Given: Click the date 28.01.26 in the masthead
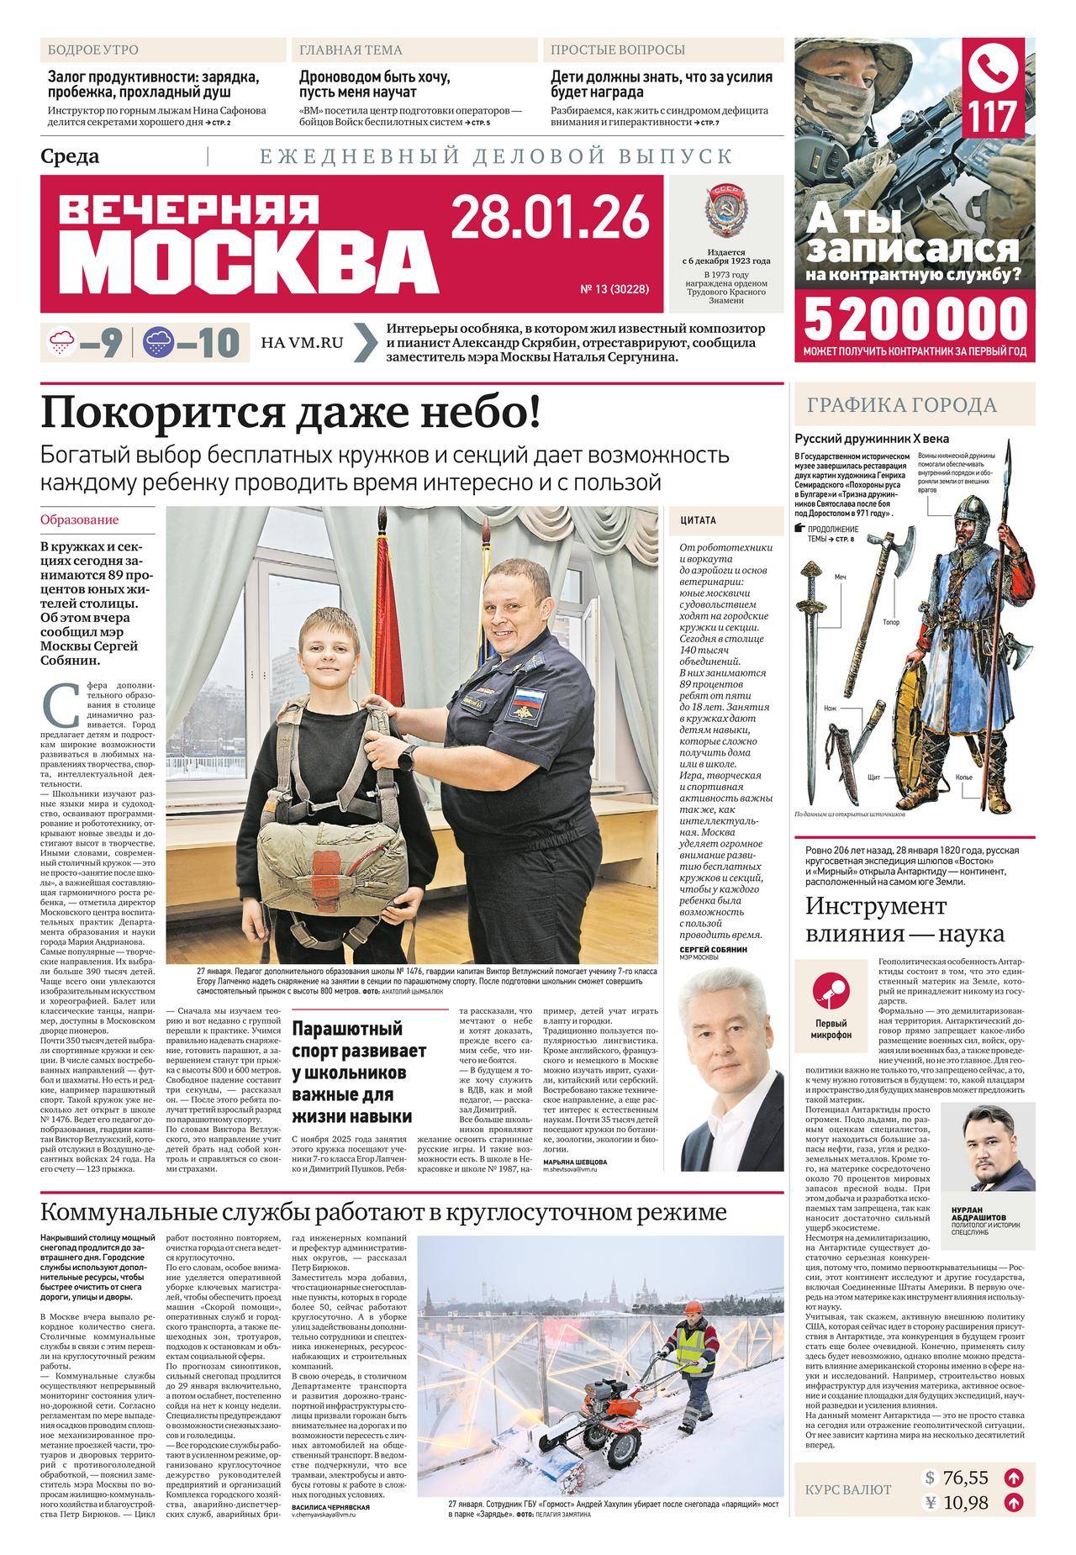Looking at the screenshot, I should click(x=551, y=216).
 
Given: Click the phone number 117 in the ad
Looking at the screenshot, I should click(x=996, y=116).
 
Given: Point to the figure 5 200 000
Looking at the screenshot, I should click(x=915, y=319).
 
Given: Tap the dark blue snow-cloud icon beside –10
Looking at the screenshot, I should click(x=159, y=342).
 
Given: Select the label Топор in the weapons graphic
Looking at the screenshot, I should click(x=891, y=623).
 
